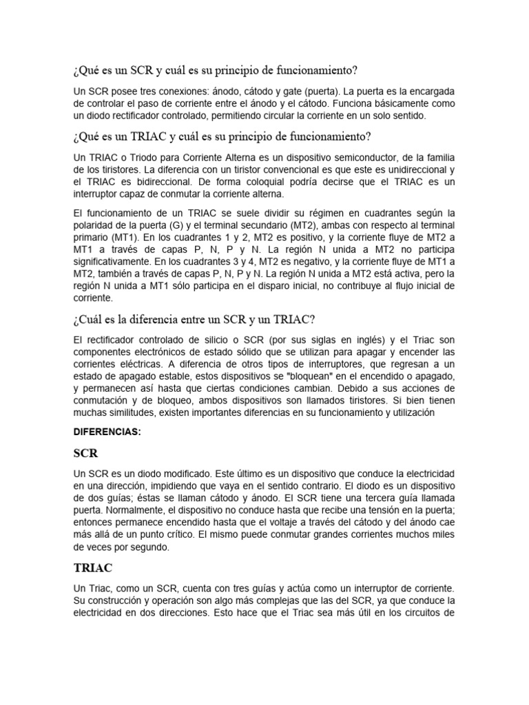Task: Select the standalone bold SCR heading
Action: click(x=85, y=454)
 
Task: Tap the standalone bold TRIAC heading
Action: click(x=93, y=568)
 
